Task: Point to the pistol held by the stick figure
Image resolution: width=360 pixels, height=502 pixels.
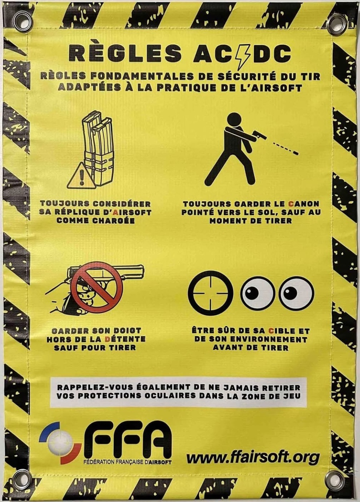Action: [x=259, y=135]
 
